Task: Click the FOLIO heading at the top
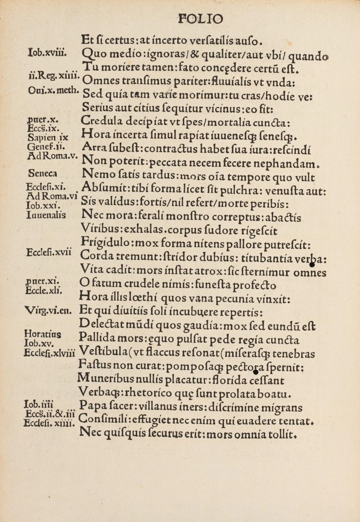(200, 19)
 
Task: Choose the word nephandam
(295, 161)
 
